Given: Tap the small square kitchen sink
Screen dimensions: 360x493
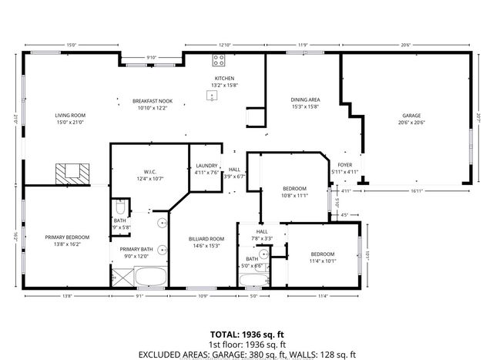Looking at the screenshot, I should [x=210, y=96].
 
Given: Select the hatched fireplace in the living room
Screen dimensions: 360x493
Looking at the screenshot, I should [x=72, y=173].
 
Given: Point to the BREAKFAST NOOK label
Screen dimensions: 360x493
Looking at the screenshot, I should [x=152, y=101].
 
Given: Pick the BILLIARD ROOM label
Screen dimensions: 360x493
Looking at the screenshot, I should [x=206, y=239].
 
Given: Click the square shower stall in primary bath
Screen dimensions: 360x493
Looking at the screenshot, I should [x=122, y=276].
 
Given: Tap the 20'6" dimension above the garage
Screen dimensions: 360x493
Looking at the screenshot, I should [x=404, y=45].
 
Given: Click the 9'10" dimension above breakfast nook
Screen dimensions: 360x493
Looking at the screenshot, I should [x=151, y=58].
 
